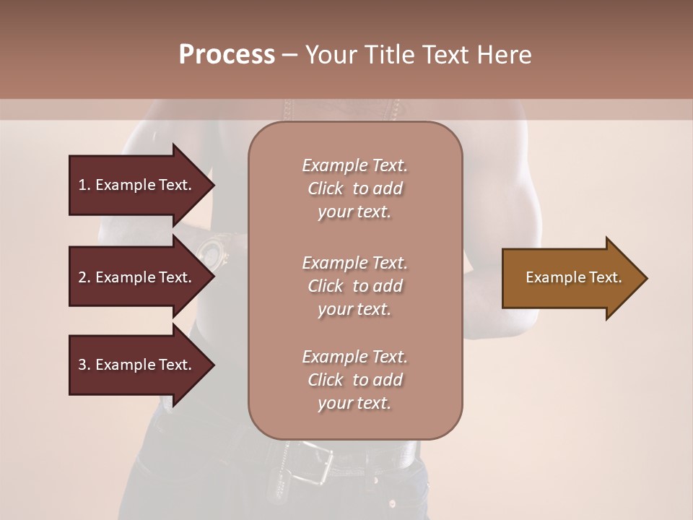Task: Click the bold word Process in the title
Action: (227, 55)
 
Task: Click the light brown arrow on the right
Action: (570, 278)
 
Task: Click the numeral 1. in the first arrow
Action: (84, 185)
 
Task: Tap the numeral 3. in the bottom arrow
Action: (84, 365)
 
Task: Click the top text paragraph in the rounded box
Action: (354, 188)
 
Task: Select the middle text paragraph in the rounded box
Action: (354, 286)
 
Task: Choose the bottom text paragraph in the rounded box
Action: (354, 380)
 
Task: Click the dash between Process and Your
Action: (289, 55)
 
